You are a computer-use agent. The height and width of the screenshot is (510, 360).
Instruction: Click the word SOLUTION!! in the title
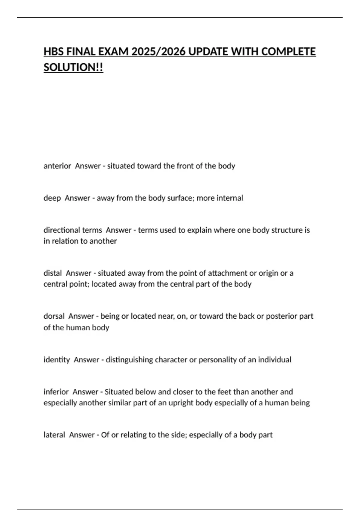[x=73, y=67]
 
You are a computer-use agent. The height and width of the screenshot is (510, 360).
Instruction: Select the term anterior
[x=57, y=166]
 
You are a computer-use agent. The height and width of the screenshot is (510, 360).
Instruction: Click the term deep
[x=52, y=198]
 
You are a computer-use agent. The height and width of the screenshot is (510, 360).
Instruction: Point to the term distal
[x=52, y=273]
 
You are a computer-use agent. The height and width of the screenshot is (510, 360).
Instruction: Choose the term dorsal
[x=54, y=316]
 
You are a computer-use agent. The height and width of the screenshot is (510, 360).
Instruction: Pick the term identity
[x=57, y=359]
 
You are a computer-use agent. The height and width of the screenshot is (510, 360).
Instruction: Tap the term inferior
[x=56, y=392]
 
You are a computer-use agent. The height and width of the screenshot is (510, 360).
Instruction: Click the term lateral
[x=54, y=435]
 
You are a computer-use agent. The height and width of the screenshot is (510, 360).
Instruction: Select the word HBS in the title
[x=54, y=52]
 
